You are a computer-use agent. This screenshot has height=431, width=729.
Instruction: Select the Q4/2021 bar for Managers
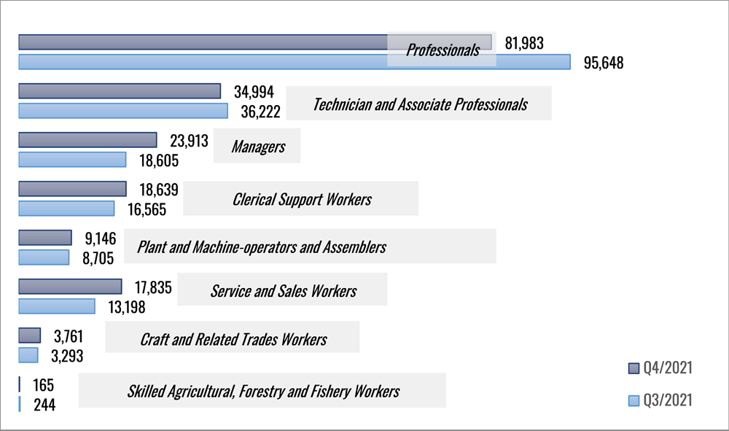[x=87, y=140]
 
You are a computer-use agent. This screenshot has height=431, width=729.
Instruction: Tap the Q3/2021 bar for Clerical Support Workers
[x=66, y=209]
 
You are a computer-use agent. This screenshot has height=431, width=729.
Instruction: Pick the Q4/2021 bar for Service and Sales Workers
[x=70, y=287]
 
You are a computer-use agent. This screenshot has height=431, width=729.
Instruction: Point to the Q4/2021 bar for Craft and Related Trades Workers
[x=29, y=335]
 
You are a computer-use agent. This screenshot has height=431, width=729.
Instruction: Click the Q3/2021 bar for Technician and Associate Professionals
[x=122, y=111]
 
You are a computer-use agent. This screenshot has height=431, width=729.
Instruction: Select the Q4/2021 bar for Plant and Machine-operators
[x=45, y=238]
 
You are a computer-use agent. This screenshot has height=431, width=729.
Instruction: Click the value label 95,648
[x=604, y=63]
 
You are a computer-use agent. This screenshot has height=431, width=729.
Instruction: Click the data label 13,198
[x=126, y=307]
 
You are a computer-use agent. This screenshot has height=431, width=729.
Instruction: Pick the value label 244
[x=44, y=404]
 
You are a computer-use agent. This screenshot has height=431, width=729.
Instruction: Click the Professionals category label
[x=443, y=50]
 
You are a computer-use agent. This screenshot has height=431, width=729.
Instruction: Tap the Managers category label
[x=258, y=147]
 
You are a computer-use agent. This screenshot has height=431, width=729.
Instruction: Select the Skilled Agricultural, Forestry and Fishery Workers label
[x=263, y=392]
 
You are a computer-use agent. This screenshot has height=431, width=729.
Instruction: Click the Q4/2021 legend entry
[x=660, y=368]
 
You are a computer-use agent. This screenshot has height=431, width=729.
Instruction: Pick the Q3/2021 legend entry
[x=660, y=400]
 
